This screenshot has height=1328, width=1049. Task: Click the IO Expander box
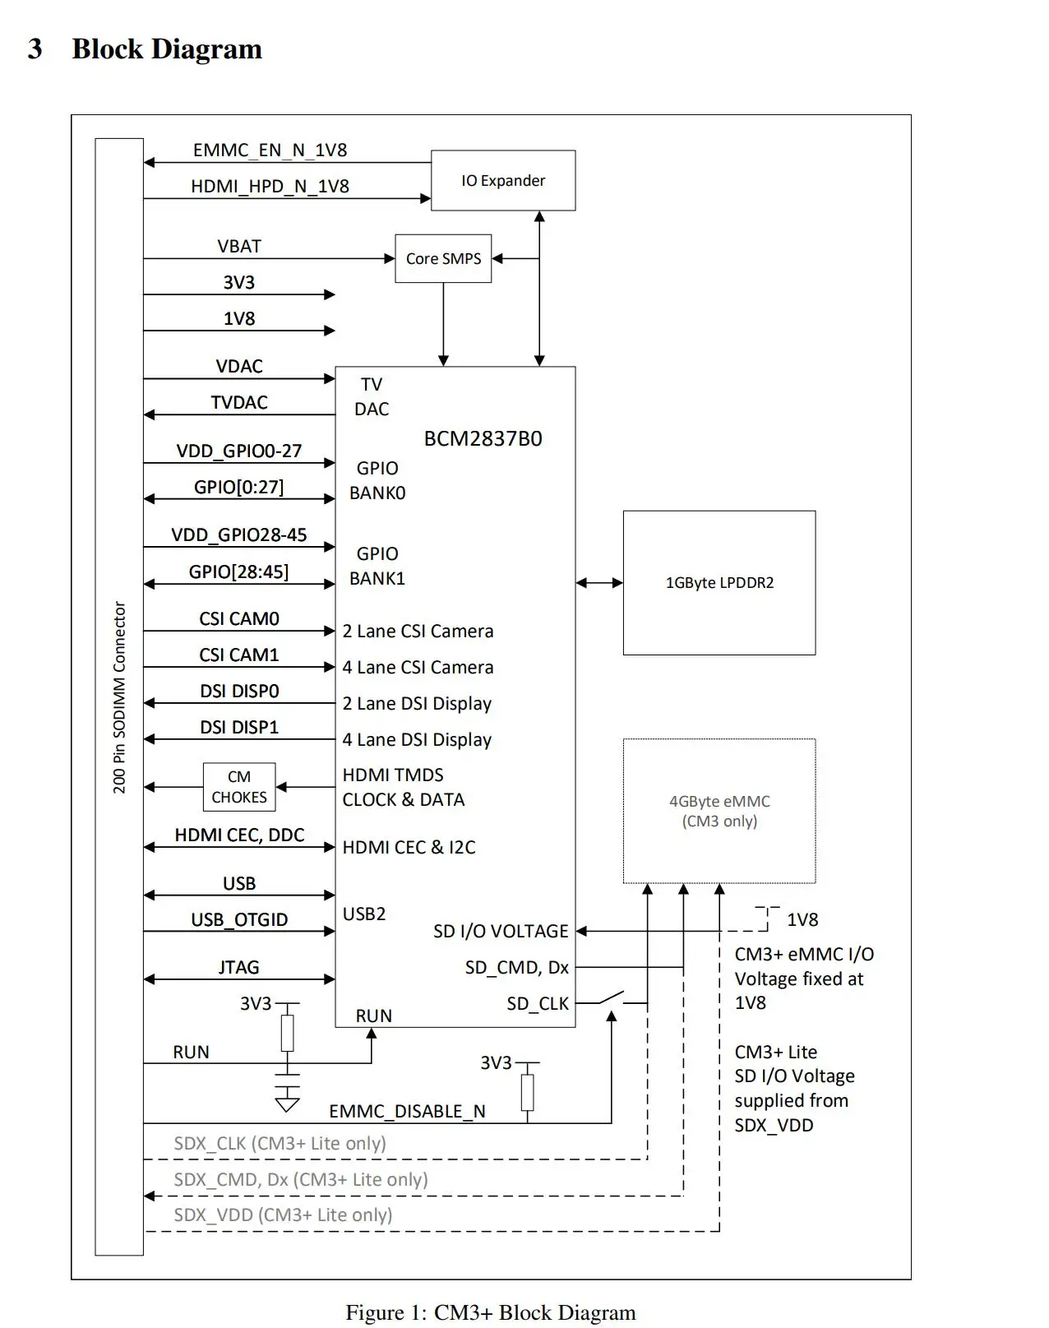click(x=502, y=180)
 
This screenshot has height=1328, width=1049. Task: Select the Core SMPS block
click(x=443, y=258)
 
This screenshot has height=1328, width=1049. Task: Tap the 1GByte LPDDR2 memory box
click(x=719, y=582)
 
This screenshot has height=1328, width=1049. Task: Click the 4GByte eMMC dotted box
click(x=719, y=811)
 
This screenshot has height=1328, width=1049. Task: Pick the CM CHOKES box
click(x=239, y=787)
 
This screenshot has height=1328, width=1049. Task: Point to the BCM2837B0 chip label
click(x=483, y=438)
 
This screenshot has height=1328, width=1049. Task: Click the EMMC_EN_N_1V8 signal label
click(x=270, y=150)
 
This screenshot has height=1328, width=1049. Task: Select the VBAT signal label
click(x=239, y=247)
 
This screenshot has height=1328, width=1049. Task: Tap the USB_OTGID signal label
click(x=239, y=919)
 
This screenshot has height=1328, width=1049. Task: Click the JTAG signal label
click(x=239, y=967)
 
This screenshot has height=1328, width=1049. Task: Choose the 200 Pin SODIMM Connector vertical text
click(x=119, y=697)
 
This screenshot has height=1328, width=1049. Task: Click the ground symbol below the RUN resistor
click(x=287, y=1100)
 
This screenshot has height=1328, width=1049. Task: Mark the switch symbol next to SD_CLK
click(x=610, y=998)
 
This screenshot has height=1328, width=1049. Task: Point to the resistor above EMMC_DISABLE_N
click(x=527, y=1092)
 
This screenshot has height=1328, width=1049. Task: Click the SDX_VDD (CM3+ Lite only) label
click(x=283, y=1215)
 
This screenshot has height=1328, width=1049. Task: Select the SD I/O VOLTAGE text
click(x=501, y=931)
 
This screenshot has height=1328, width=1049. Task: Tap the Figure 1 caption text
click(x=491, y=1312)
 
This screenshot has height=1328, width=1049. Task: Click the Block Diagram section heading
click(x=167, y=49)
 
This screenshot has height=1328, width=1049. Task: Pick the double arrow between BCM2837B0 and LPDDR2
click(x=599, y=583)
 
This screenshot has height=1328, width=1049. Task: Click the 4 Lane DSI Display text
click(x=417, y=739)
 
